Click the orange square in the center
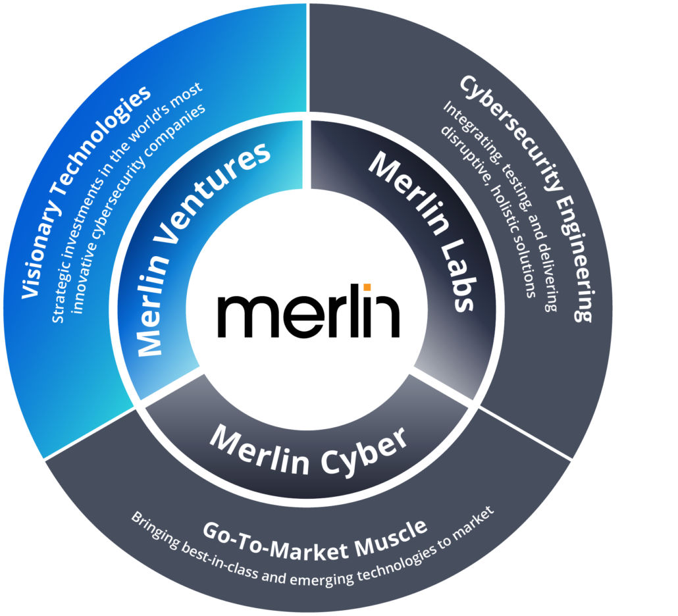tap(367, 287)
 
